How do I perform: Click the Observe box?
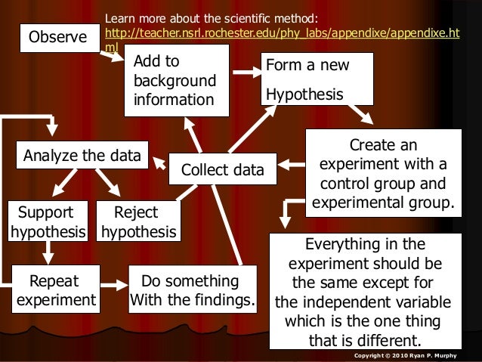[x=57, y=37]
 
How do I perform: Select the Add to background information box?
[x=177, y=80]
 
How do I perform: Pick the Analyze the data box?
[x=82, y=156]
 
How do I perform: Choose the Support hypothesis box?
[x=46, y=221]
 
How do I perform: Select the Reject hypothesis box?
[x=139, y=221]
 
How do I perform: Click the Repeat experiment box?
[x=54, y=292]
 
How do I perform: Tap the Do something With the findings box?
[x=192, y=292]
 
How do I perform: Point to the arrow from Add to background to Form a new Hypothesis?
[x=245, y=73]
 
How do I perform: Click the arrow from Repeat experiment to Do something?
[x=114, y=286]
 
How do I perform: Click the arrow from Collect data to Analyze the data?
[x=161, y=160]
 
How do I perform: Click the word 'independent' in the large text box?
[x=336, y=303]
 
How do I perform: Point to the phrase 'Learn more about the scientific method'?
[x=211, y=17]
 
